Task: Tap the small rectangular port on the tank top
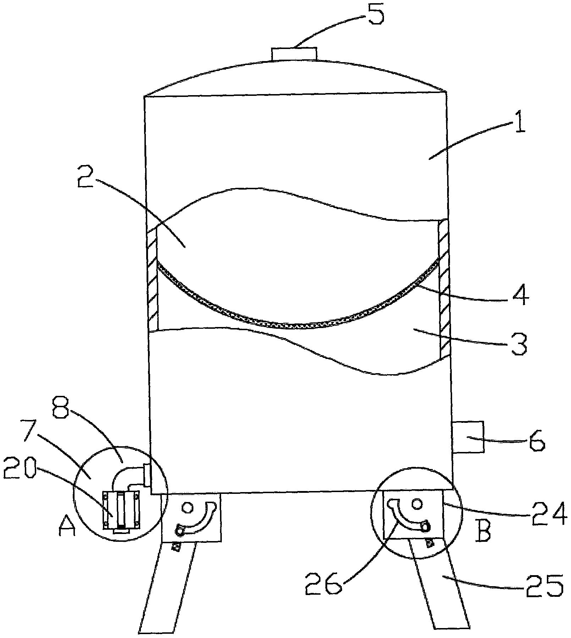[x=294, y=53]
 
